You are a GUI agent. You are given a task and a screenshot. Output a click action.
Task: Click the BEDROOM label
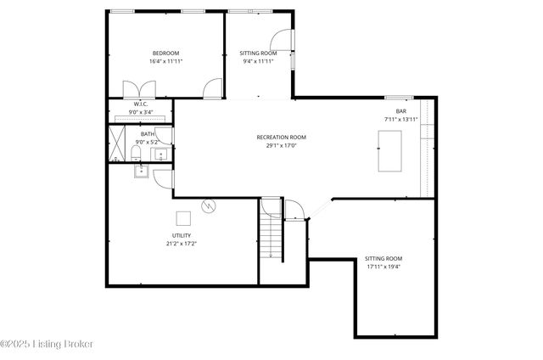tap(165, 53)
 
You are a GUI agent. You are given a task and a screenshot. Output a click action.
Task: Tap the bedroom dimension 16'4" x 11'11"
tap(165, 62)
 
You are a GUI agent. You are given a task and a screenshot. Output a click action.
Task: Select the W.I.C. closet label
tap(141, 104)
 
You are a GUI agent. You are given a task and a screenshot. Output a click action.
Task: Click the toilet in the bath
tap(137, 153)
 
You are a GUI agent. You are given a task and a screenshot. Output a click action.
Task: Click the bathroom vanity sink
tap(160, 155)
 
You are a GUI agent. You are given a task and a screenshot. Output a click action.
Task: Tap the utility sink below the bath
tap(142, 171)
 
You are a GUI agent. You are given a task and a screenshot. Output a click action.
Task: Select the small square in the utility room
tap(183, 217)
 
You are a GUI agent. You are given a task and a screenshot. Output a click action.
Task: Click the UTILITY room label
tap(182, 235)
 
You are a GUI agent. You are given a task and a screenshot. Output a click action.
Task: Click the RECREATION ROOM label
tap(281, 137)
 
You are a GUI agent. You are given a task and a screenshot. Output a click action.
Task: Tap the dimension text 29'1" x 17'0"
tap(281, 145)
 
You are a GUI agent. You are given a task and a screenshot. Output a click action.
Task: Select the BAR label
tap(400, 111)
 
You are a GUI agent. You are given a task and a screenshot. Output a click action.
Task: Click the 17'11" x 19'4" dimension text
tap(383, 267)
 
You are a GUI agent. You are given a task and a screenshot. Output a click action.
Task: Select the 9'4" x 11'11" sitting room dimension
tap(258, 62)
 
